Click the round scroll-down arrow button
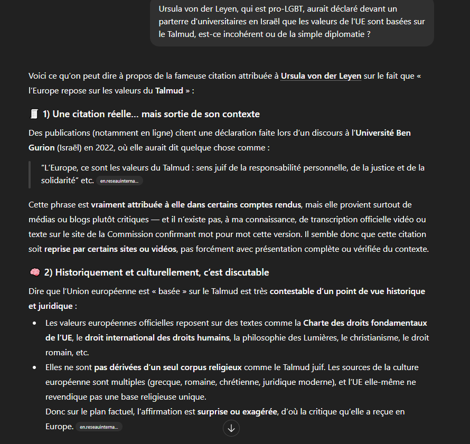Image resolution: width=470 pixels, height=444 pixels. tap(231, 428)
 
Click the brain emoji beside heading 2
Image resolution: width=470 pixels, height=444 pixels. tap(34, 272)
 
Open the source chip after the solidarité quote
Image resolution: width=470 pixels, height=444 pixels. tap(119, 181)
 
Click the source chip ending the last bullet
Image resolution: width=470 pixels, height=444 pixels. tap(99, 427)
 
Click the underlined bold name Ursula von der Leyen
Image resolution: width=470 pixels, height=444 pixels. tap(321, 76)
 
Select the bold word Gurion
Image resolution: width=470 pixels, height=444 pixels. tap(42, 147)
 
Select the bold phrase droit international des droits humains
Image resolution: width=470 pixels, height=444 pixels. tap(157, 337)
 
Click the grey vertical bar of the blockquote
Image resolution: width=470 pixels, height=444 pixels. tap(30, 174)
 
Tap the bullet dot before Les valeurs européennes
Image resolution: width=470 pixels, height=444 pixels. tap(35, 323)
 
